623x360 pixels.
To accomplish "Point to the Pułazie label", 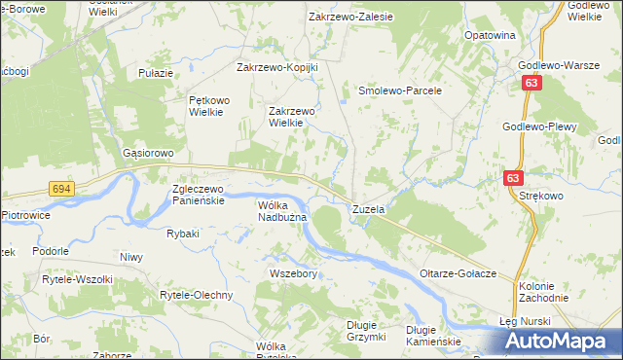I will [x=156, y=73].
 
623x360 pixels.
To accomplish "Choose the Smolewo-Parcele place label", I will [x=400, y=90].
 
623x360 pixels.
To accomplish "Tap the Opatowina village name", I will [x=490, y=35].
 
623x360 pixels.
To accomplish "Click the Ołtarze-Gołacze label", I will [x=458, y=273].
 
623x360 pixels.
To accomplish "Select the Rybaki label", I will [x=183, y=234].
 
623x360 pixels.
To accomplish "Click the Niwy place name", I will [x=131, y=258].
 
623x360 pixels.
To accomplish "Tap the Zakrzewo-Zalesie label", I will [x=349, y=17].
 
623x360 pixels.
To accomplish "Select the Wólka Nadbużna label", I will [x=282, y=211].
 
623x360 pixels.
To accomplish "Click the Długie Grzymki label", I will [x=367, y=331].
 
